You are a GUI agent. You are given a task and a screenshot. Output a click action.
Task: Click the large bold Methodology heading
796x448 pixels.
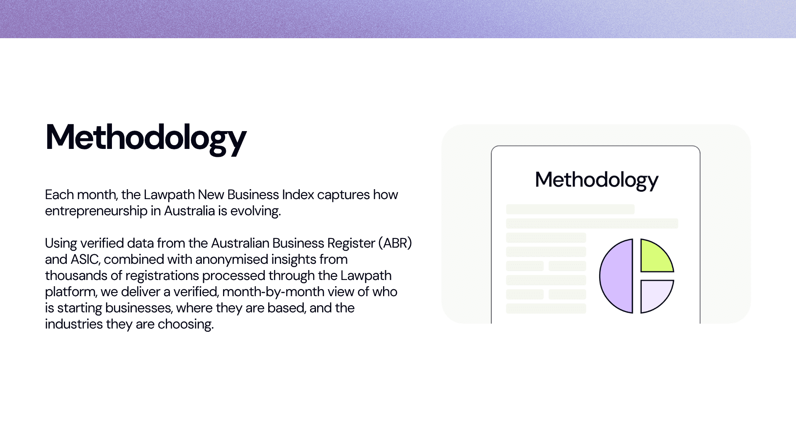[146, 138]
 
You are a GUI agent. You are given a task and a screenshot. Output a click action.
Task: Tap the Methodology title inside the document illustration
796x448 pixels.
[597, 180]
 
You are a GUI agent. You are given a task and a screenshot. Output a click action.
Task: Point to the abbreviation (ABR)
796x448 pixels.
[395, 243]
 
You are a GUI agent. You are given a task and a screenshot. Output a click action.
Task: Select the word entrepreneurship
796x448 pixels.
[96, 211]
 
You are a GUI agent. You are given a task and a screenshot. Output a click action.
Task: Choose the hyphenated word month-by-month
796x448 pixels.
[273, 292]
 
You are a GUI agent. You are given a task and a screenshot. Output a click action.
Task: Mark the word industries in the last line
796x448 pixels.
[74, 324]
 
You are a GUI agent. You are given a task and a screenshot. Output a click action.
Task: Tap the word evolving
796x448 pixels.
[255, 211]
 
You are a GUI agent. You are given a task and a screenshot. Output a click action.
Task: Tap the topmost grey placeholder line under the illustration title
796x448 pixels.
[570, 209]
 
